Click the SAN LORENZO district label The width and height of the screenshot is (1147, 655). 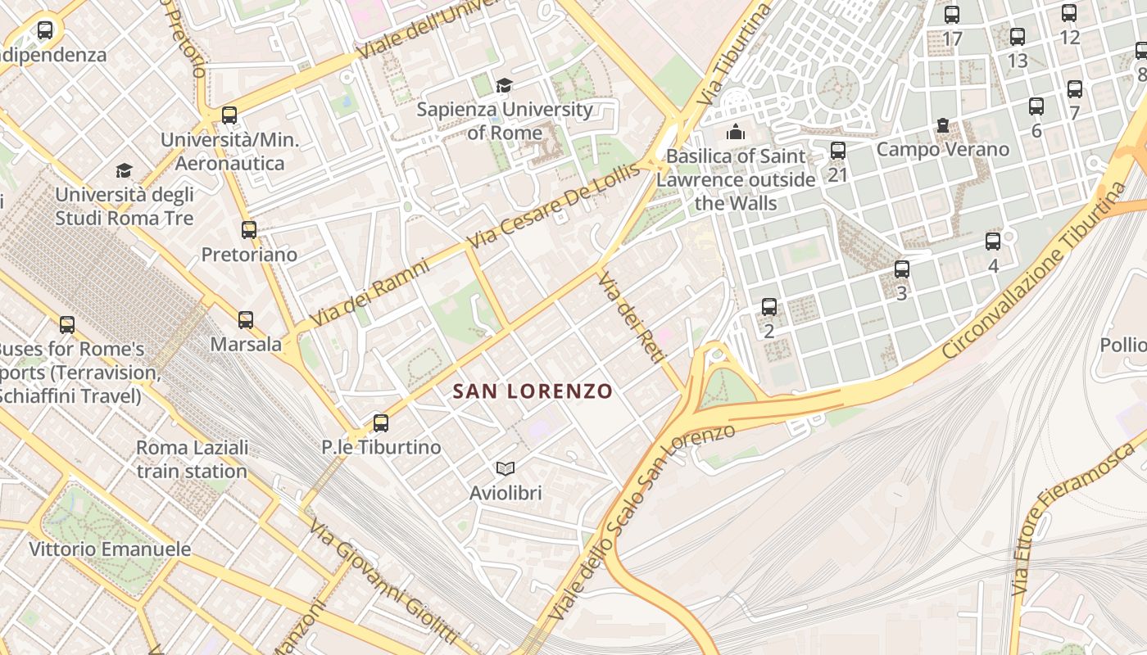click(533, 391)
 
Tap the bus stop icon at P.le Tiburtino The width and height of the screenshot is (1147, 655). click(380, 423)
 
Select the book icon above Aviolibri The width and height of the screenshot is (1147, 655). click(505, 468)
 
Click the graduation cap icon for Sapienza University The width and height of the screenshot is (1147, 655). click(504, 86)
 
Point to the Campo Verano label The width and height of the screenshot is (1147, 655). click(942, 150)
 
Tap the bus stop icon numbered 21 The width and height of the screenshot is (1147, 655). click(837, 151)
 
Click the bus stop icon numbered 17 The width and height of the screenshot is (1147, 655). click(951, 15)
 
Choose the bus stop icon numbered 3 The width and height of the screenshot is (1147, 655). click(901, 269)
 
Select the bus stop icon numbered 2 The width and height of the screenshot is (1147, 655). click(768, 307)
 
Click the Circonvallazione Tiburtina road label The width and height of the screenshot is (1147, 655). click(1036, 270)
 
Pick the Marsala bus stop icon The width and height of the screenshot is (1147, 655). click(245, 320)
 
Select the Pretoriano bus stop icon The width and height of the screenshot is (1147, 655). click(249, 230)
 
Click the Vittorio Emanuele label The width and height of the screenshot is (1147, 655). click(110, 549)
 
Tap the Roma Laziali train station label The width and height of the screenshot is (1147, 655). click(192, 459)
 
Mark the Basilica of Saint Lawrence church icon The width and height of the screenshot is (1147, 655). click(736, 132)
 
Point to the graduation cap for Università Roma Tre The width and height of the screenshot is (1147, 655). click(124, 170)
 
